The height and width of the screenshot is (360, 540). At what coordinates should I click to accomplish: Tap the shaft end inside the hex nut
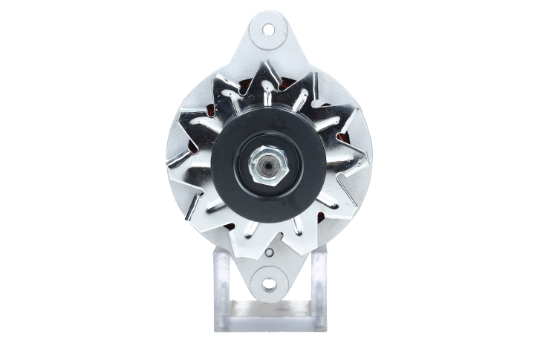click(264, 166)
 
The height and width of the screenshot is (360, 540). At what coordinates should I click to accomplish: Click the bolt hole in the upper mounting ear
click(268, 30)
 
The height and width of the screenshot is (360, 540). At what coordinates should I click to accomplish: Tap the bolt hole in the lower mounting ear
click(268, 284)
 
